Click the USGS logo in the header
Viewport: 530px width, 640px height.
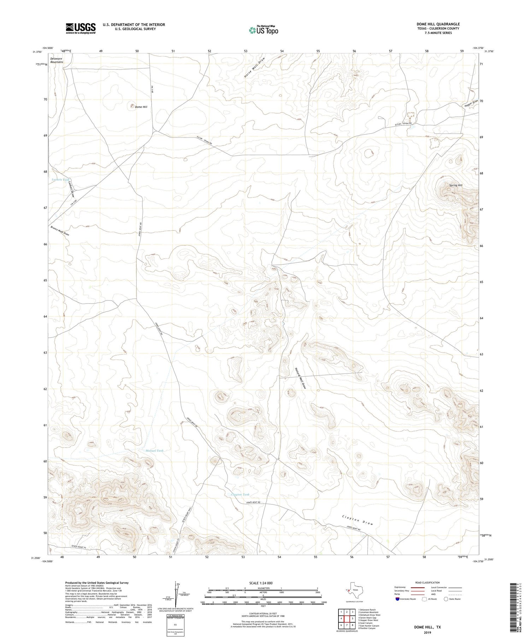pos(81,28)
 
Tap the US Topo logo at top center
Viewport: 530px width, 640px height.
pos(263,30)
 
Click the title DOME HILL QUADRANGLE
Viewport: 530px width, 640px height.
pos(438,24)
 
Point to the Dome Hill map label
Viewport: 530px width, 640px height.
pos(141,107)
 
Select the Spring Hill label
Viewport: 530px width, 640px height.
pos(455,185)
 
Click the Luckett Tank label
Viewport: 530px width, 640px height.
pos(61,180)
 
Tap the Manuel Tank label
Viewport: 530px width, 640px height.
pos(155,451)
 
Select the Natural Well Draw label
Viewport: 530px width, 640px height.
pos(300,377)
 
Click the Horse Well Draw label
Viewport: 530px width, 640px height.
pos(254,67)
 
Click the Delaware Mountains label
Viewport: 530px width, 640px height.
pos(57,60)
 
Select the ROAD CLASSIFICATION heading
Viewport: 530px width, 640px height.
pos(428,582)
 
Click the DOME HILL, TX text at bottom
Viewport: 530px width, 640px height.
pos(428,627)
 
